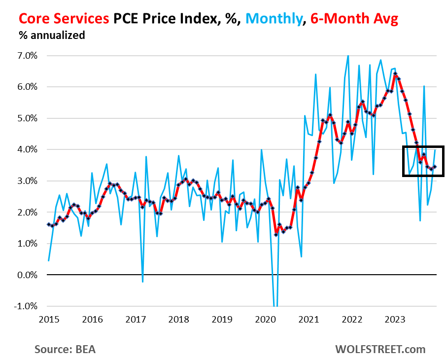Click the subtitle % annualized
(x=52, y=36)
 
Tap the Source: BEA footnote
(x=65, y=349)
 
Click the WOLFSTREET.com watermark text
(x=380, y=349)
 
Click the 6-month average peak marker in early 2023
(x=395, y=74)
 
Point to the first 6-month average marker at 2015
(x=48, y=224)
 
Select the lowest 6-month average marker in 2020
(x=276, y=235)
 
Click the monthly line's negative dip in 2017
(x=142, y=282)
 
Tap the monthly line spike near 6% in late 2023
(x=424, y=86)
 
